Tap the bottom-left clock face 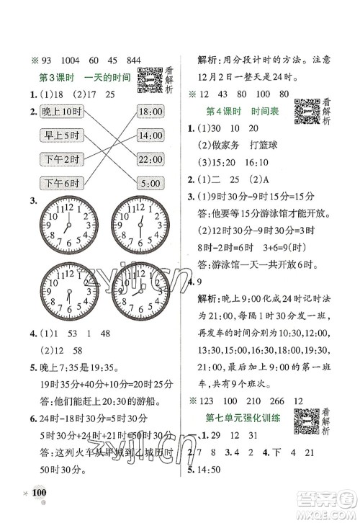coord(67,295)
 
